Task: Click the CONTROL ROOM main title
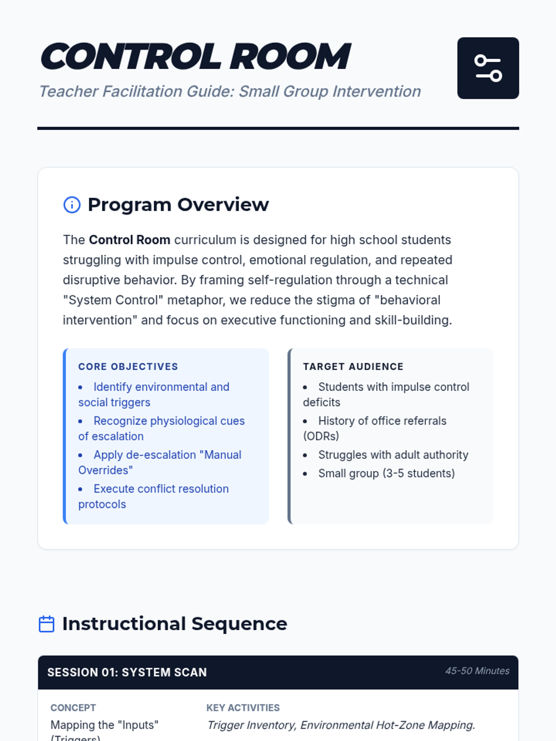pos(196,57)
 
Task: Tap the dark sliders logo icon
pos(488,68)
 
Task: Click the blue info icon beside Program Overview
pos(72,205)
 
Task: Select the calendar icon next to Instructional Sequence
pos(46,624)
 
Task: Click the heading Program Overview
pos(178,205)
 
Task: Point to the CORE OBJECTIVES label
pos(128,366)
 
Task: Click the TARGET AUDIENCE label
pos(353,366)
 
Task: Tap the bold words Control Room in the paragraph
pos(130,240)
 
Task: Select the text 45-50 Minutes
pos(477,671)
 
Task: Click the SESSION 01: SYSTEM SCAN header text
pos(127,672)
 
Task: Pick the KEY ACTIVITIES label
pos(243,708)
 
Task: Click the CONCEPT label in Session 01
pos(73,708)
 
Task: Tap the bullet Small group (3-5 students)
pos(386,473)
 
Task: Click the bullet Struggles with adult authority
pos(393,455)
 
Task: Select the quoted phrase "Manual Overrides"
pos(160,462)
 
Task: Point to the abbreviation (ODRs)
pos(321,436)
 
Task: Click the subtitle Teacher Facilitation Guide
pos(230,92)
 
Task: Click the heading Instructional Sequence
pos(175,624)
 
